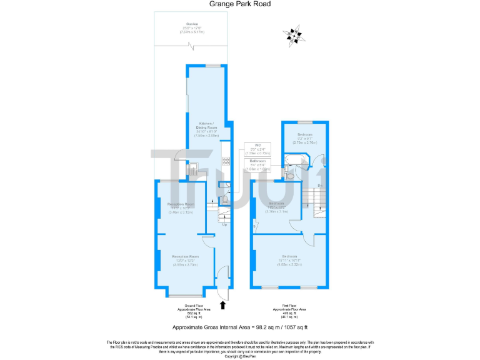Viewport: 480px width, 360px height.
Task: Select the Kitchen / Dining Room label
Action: (207, 126)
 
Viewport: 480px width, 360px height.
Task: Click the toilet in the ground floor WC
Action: (226, 197)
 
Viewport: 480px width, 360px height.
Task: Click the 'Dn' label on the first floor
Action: (319, 186)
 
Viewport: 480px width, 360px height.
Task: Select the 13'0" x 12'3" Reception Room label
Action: (186, 259)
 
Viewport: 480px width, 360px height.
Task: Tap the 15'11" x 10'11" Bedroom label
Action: (289, 260)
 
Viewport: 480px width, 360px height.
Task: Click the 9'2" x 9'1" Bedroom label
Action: (305, 138)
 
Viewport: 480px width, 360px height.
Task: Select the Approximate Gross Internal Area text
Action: (240, 327)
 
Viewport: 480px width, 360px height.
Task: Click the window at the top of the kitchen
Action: (214, 66)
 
